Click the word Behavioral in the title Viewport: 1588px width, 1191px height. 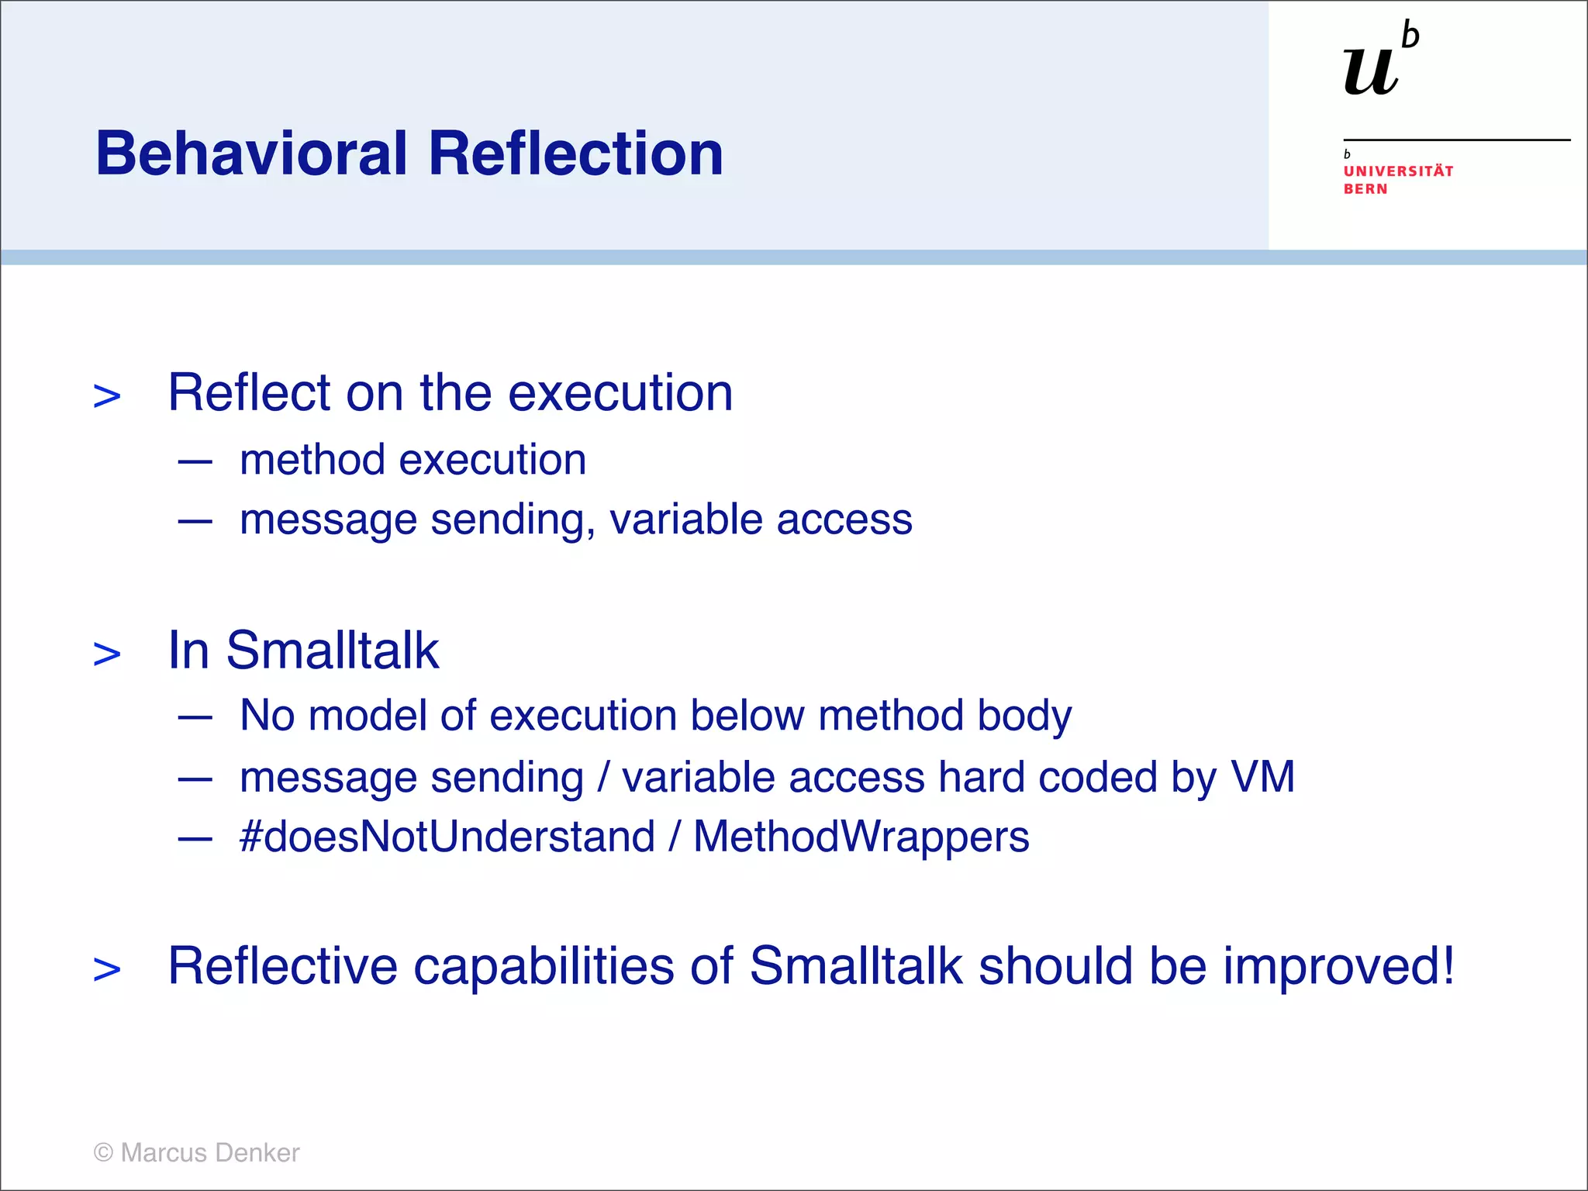(251, 154)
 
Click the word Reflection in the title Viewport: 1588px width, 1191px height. (575, 154)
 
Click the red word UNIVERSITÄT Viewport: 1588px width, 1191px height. (1398, 171)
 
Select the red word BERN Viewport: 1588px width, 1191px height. (1365, 189)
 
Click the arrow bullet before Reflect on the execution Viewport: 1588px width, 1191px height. (107, 396)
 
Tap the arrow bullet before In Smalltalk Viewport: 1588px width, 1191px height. (107, 654)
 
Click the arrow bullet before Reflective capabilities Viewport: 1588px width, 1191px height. (107, 969)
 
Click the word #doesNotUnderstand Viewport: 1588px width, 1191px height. (447, 837)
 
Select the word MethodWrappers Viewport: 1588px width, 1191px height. (861, 837)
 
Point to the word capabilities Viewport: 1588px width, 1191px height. (544, 968)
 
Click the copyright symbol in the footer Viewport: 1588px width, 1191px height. (103, 1153)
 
